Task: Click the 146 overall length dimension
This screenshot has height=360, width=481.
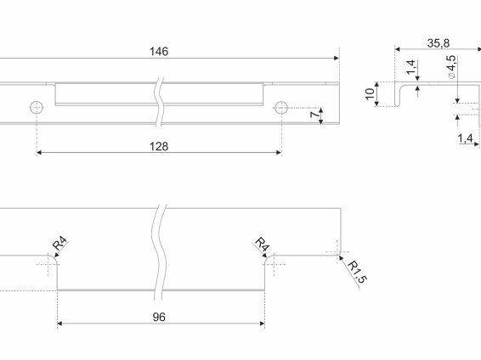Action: pyautogui.click(x=159, y=52)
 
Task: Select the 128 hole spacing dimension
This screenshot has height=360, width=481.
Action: pyautogui.click(x=159, y=146)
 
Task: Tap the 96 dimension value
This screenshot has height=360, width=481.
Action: pyautogui.click(x=159, y=317)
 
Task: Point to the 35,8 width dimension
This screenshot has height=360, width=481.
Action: pyautogui.click(x=439, y=43)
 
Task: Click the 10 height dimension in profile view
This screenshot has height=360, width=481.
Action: pyautogui.click(x=371, y=93)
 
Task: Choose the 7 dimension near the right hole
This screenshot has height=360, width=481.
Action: pyautogui.click(x=314, y=115)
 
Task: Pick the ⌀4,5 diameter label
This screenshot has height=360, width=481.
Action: pyautogui.click(x=452, y=67)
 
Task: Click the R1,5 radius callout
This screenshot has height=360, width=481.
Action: pyautogui.click(x=357, y=272)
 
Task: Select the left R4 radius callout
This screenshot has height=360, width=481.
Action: pyautogui.click(x=59, y=244)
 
